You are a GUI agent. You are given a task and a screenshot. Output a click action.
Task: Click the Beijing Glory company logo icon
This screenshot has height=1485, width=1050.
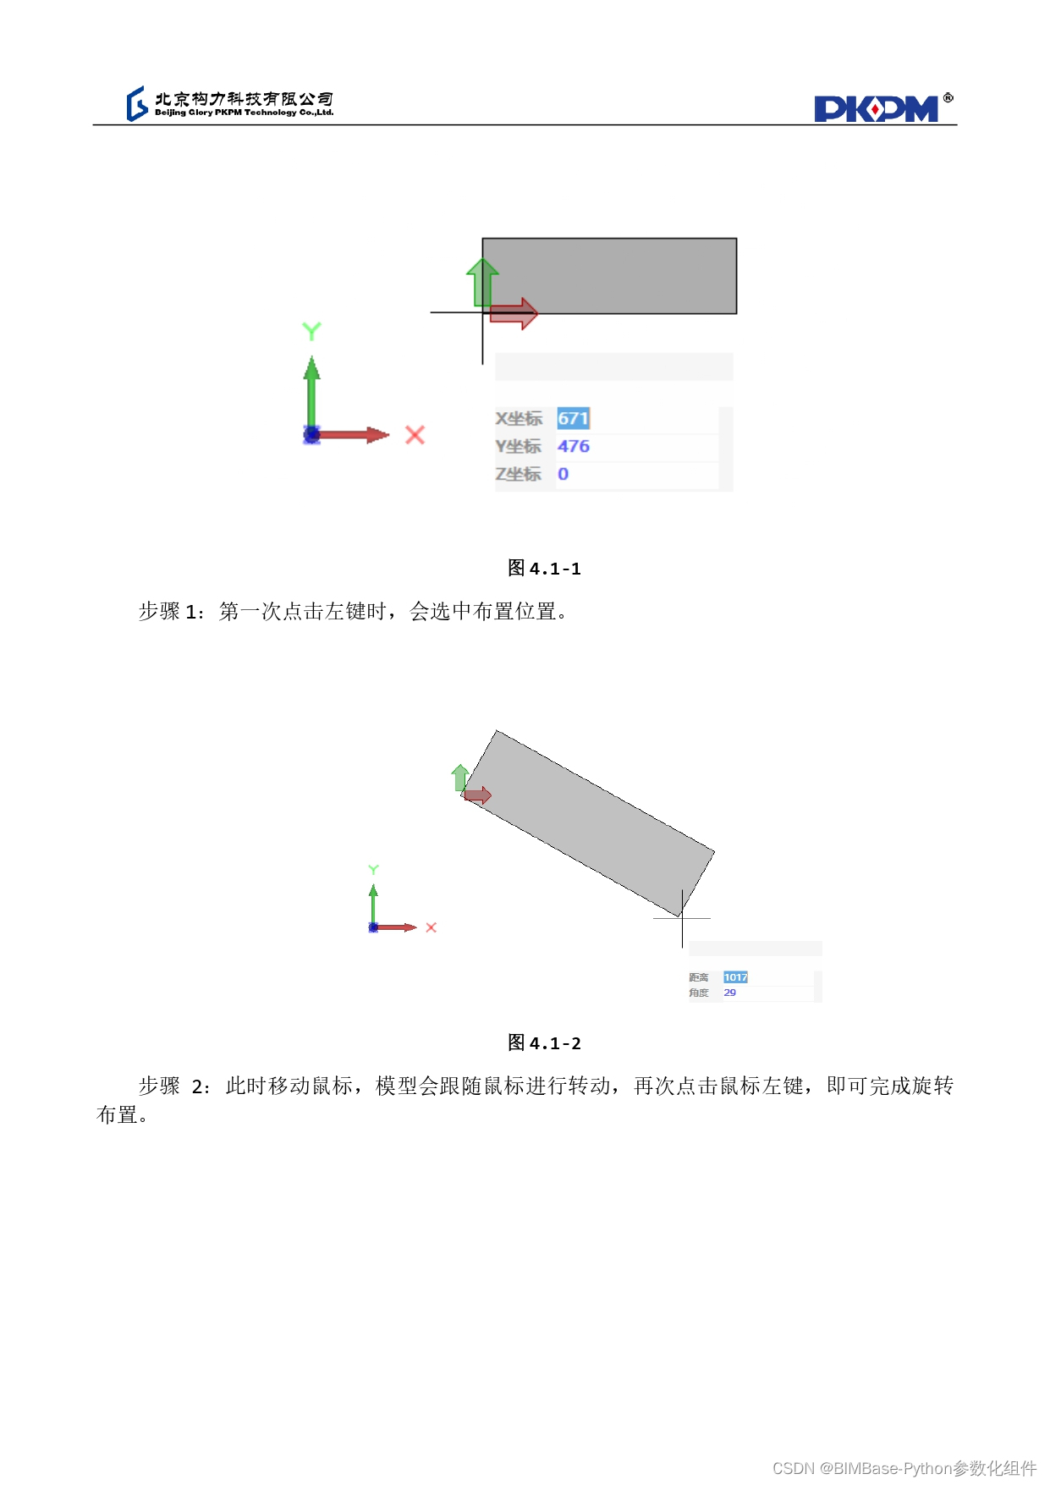click(137, 103)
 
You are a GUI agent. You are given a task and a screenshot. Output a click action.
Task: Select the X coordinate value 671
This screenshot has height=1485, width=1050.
click(573, 418)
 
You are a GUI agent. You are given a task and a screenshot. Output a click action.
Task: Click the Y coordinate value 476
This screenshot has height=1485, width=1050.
click(573, 446)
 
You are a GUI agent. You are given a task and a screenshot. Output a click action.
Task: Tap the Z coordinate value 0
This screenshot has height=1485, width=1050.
click(563, 474)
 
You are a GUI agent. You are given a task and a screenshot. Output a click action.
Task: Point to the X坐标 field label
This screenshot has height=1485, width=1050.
click(519, 418)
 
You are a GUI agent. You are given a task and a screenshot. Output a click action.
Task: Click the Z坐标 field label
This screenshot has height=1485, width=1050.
click(518, 474)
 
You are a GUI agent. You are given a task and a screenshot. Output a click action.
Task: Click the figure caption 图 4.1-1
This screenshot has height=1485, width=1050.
click(544, 568)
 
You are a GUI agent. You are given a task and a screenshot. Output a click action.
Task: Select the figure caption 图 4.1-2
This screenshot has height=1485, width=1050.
click(544, 1042)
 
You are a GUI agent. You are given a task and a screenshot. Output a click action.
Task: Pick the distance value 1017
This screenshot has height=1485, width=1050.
click(735, 977)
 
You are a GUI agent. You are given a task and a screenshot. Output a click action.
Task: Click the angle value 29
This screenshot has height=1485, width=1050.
click(729, 993)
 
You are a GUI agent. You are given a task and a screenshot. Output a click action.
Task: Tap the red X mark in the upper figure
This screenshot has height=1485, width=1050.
click(415, 435)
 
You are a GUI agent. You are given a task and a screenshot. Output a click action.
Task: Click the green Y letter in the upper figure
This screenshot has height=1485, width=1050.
click(311, 331)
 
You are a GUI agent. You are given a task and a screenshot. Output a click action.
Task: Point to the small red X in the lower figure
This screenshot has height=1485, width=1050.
click(431, 927)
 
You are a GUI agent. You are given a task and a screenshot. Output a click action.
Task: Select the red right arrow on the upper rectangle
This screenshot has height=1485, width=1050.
click(514, 314)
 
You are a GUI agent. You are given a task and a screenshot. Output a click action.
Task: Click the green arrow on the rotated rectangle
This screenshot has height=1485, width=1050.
click(459, 778)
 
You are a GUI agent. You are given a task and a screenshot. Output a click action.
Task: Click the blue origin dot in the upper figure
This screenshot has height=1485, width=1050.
click(311, 435)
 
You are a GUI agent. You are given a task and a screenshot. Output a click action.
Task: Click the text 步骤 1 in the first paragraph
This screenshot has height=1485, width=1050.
click(168, 611)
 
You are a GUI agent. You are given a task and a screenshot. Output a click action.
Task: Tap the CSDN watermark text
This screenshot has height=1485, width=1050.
click(904, 1468)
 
